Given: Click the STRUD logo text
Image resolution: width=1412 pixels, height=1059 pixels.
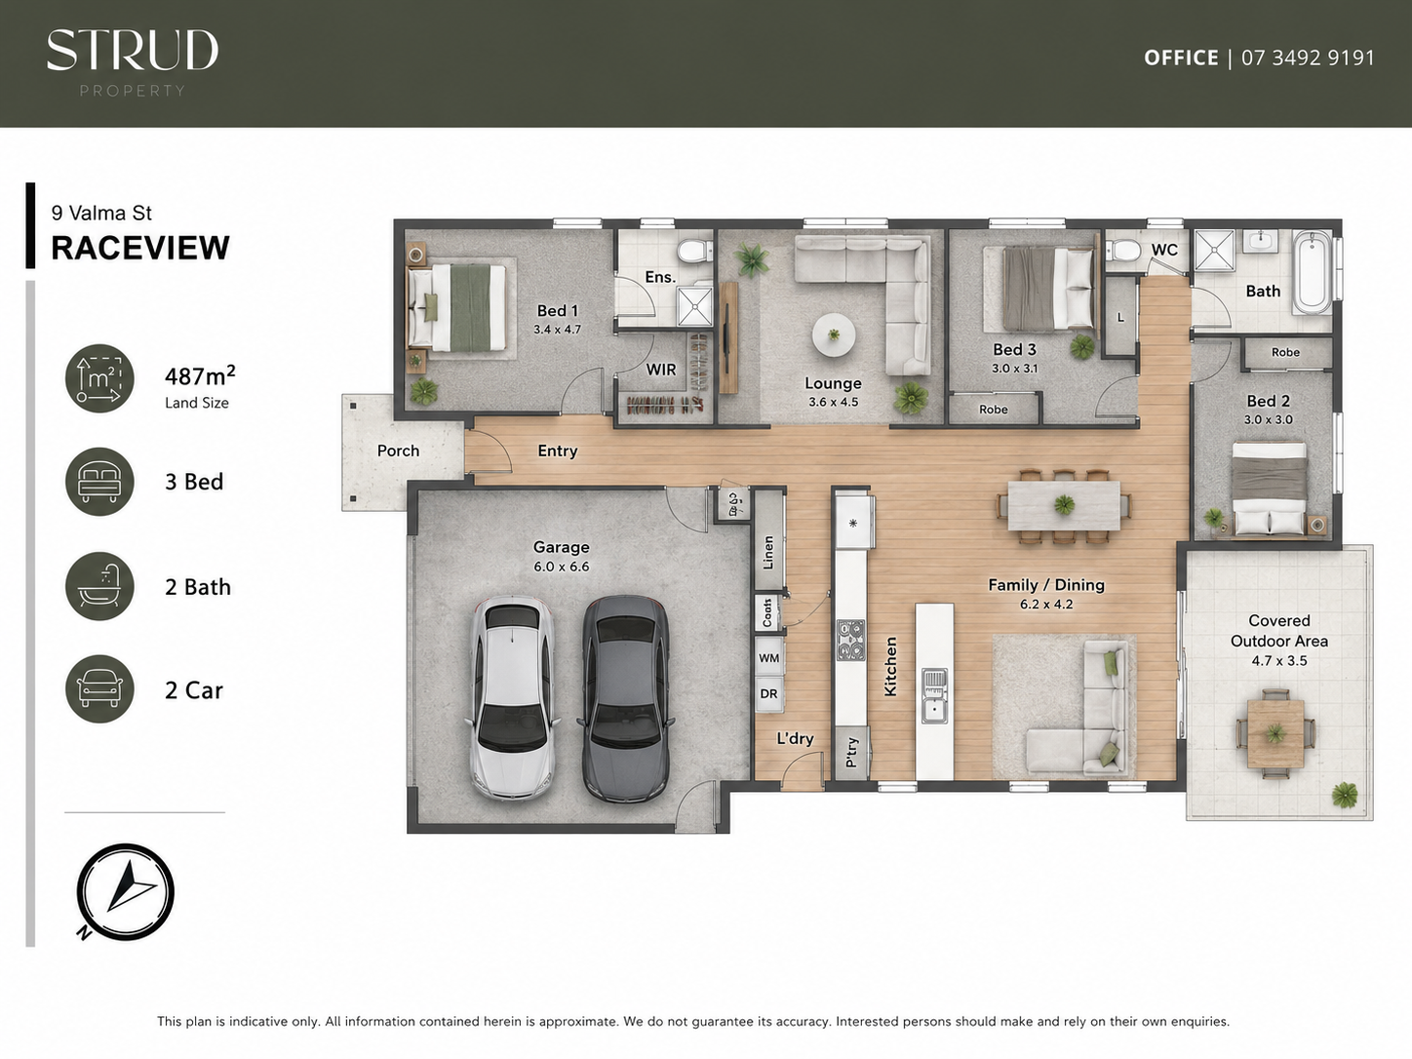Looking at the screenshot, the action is pyautogui.click(x=133, y=50).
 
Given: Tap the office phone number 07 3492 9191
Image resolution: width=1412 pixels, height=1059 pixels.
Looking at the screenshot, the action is pyautogui.click(x=1308, y=58).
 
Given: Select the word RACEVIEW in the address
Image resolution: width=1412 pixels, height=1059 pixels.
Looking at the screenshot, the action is pyautogui.click(x=140, y=249).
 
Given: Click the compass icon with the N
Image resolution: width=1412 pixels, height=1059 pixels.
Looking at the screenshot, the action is pyautogui.click(x=125, y=892).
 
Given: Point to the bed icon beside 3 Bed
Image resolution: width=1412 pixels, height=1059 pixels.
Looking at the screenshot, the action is pyautogui.click(x=99, y=482).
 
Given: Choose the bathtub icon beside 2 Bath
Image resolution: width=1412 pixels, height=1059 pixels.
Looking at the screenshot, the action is pyautogui.click(x=99, y=586).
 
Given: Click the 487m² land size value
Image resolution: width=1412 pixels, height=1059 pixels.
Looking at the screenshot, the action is pyautogui.click(x=200, y=375).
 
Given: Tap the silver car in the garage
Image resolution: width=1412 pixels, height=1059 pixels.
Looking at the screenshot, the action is pyautogui.click(x=512, y=697).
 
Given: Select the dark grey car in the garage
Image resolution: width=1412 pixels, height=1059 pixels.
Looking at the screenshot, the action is pyautogui.click(x=625, y=698).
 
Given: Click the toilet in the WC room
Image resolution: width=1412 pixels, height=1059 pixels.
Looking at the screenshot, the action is pyautogui.click(x=1121, y=250).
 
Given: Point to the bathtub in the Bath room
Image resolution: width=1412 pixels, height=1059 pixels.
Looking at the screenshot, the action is pyautogui.click(x=1313, y=272).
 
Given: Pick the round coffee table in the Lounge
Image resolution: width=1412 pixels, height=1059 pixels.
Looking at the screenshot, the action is pyautogui.click(x=834, y=335).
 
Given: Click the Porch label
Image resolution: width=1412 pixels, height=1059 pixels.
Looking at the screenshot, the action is pyautogui.click(x=398, y=451).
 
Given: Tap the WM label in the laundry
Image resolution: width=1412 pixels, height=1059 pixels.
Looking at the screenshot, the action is pyautogui.click(x=768, y=658).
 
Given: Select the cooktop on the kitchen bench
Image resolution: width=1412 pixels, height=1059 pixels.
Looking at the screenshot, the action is pyautogui.click(x=851, y=640).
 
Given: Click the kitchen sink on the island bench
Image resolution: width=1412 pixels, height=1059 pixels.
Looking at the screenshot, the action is pyautogui.click(x=934, y=695).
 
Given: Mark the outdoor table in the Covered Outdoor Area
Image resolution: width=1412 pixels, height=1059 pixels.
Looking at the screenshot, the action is pyautogui.click(x=1275, y=733).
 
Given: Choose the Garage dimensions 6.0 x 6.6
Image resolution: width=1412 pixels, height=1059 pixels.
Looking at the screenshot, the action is pyautogui.click(x=561, y=568).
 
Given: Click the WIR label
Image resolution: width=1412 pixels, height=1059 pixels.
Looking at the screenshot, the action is pyautogui.click(x=661, y=370).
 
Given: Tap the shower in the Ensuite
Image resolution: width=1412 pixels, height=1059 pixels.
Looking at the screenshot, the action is pyautogui.click(x=694, y=305).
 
